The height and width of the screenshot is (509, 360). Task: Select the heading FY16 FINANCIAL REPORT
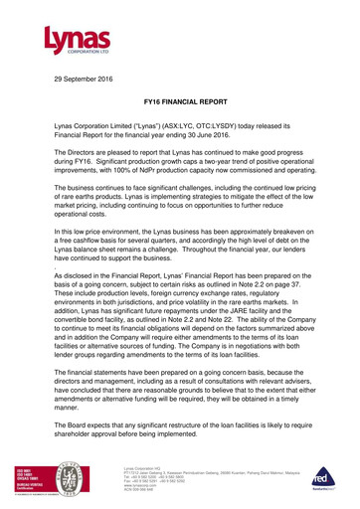pyautogui.click(x=179, y=102)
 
